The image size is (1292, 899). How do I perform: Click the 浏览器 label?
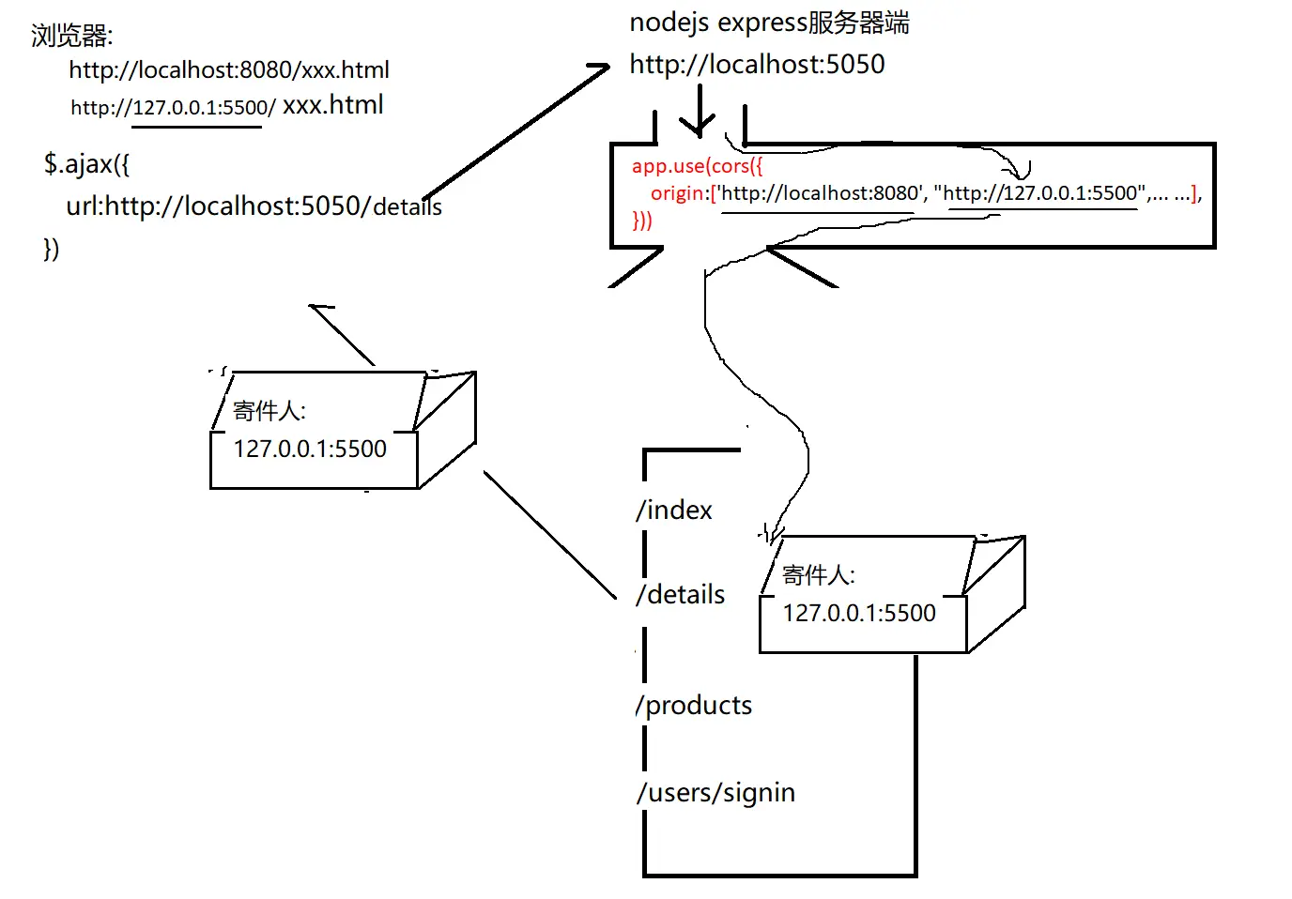tap(71, 36)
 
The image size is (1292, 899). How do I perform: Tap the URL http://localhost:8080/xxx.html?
tap(228, 70)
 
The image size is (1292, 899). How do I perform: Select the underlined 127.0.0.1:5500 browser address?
tap(201, 108)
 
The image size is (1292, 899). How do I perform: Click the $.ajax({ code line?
tap(86, 164)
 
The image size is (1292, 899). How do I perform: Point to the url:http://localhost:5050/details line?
tap(254, 206)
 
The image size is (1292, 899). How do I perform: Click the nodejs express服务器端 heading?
tap(769, 23)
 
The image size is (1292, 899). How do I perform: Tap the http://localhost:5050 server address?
tap(757, 64)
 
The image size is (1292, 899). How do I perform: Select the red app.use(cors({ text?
tap(697, 166)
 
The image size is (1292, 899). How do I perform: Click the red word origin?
tap(678, 193)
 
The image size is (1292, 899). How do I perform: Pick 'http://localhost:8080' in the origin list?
tap(820, 193)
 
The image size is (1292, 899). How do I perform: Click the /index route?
tap(674, 510)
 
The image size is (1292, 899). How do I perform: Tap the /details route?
tap(681, 594)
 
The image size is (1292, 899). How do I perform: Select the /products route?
tap(694, 705)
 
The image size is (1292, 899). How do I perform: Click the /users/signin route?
tap(715, 793)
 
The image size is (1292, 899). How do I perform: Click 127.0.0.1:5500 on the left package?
tap(310, 449)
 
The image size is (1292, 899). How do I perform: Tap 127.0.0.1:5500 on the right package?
tap(859, 614)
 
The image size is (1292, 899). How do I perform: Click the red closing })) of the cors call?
tap(642, 221)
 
